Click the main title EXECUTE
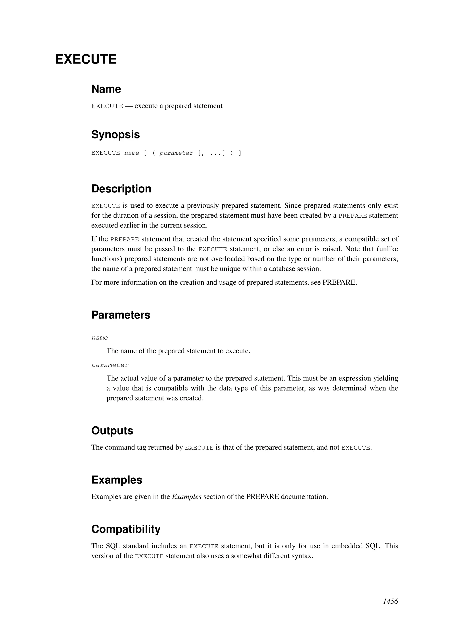(86, 59)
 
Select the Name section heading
(106, 89)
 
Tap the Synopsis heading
(115, 135)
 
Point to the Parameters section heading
(121, 315)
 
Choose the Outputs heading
(112, 431)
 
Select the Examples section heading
(117, 480)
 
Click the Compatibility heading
(126, 529)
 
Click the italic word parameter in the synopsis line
(176, 153)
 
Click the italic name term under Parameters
(100, 338)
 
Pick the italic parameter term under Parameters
(110, 365)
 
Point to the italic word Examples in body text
(187, 497)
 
